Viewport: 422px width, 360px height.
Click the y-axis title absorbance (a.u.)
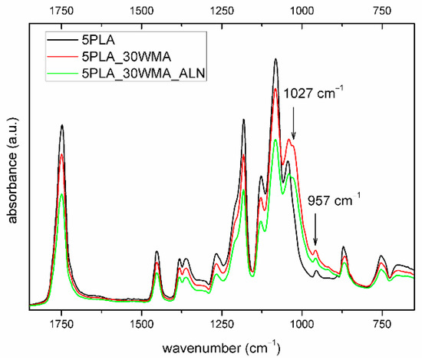12,167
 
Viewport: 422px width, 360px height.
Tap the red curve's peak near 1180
243,156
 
